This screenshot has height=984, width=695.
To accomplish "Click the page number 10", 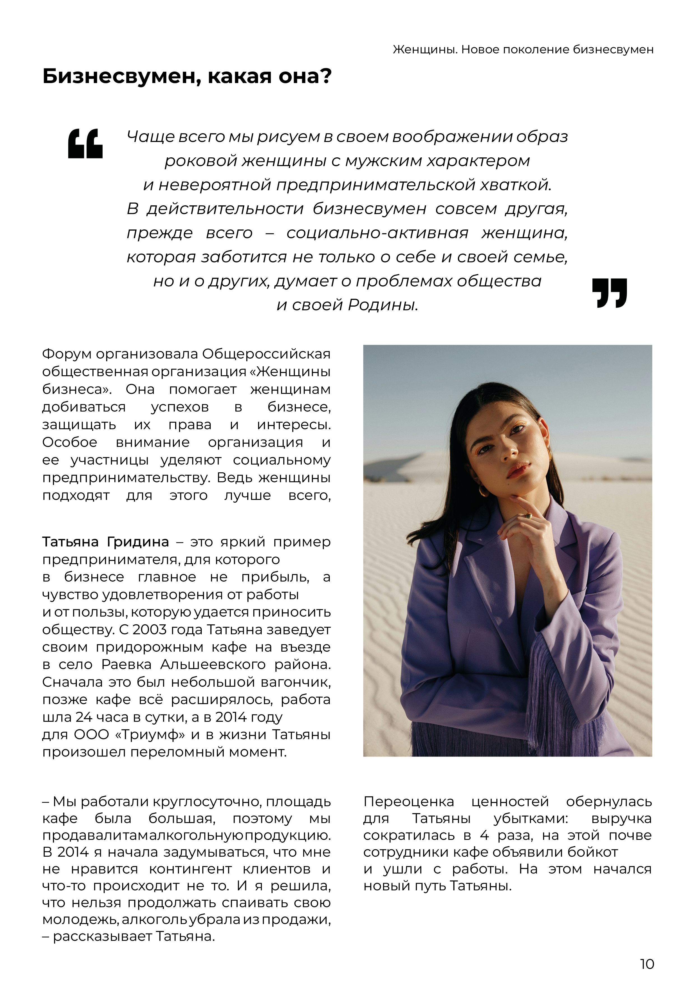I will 647,964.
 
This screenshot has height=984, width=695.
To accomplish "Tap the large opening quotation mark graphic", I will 85,144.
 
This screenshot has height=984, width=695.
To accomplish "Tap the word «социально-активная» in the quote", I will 377,233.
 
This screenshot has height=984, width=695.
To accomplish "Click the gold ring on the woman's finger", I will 529,515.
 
